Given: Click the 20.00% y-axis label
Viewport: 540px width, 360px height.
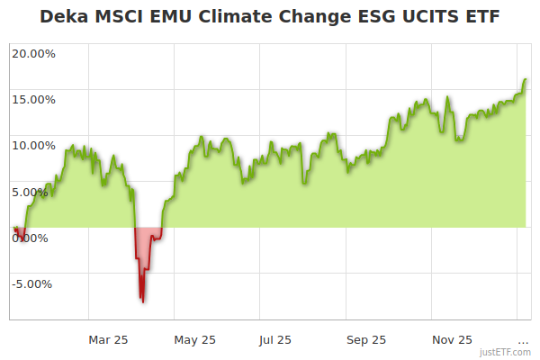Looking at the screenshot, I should click(x=33, y=53).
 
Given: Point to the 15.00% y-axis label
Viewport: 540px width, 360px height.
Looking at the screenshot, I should click(x=33, y=99).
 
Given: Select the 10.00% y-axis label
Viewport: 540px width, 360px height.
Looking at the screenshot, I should click(x=33, y=145).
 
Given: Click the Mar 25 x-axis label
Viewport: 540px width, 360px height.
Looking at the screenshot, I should click(x=108, y=340).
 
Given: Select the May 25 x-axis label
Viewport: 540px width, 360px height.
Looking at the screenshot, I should click(x=195, y=340).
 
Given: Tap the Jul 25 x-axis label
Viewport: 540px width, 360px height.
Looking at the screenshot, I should click(x=274, y=340).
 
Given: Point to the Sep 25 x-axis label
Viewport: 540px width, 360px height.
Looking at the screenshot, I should click(x=366, y=340).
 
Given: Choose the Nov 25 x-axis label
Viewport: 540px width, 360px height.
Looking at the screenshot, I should click(x=452, y=340).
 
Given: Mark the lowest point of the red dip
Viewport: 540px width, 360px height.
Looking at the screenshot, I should click(x=142, y=301).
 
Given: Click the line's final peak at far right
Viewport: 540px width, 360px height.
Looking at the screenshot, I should click(x=526, y=79).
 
